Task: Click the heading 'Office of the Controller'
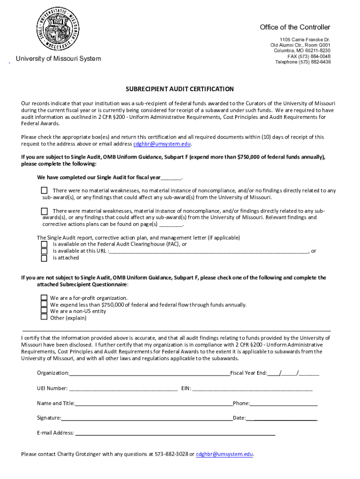[295, 27]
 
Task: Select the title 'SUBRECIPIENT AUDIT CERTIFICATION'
[180, 89]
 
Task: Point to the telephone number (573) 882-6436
[317, 62]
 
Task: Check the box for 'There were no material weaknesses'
[44, 190]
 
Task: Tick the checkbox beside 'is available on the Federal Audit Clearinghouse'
[44, 244]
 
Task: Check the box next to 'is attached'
[44, 258]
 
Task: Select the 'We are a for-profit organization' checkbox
[44, 298]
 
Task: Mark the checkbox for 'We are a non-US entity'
[44, 311]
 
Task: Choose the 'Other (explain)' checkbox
[44, 317]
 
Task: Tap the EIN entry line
[252, 389]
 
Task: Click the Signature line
[147, 418]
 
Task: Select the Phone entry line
[283, 404]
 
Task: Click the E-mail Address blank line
[175, 434]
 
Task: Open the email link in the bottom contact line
[224, 454]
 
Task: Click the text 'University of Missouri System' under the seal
[58, 58]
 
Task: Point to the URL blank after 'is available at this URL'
[209, 251]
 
